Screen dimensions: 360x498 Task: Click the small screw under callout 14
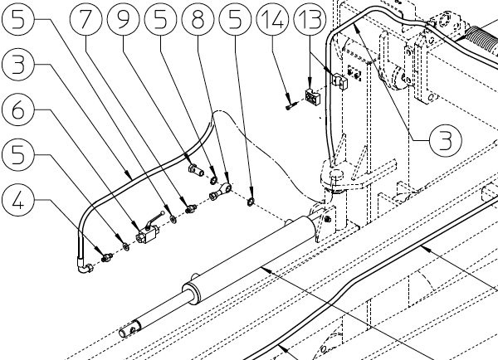pyautogui.click(x=288, y=105)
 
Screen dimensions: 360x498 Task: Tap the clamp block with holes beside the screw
pyautogui.click(x=313, y=97)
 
